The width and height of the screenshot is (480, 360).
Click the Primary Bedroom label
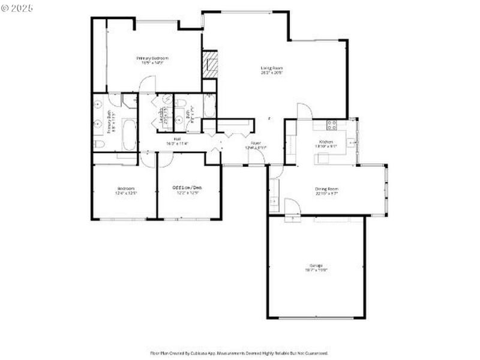click(x=152, y=59)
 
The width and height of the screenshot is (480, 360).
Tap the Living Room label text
click(x=271, y=70)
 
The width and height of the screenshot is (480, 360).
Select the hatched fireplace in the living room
click(x=209, y=64)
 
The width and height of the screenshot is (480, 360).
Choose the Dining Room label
click(x=327, y=191)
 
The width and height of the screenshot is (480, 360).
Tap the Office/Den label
click(x=187, y=190)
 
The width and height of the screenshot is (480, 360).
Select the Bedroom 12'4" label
click(x=126, y=190)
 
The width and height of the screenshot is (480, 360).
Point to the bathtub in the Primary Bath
click(x=129, y=134)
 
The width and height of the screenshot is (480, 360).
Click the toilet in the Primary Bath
click(x=100, y=144)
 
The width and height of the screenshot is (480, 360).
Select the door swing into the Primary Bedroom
click(x=148, y=85)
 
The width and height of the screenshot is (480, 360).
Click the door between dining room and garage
click(x=292, y=208)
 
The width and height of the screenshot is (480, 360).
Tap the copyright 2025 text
click(x=17, y=8)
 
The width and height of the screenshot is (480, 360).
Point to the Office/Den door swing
click(x=165, y=159)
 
